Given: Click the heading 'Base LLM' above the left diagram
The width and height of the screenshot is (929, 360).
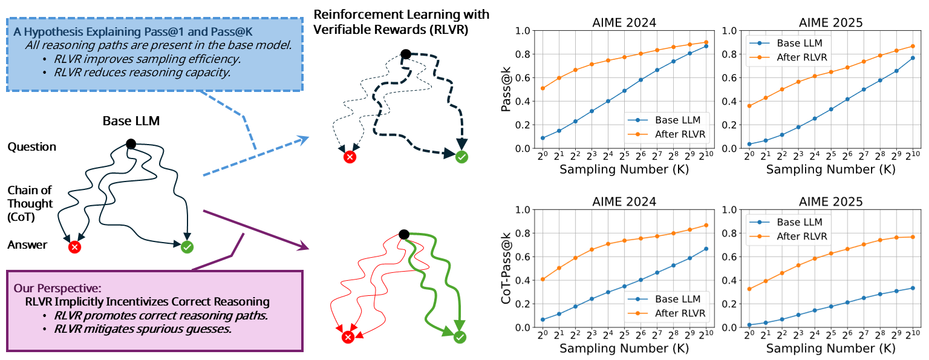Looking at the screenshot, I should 131,120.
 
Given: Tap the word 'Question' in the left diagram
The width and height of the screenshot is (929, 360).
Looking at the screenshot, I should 32,147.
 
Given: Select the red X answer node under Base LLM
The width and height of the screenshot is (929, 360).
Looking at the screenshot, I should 74,247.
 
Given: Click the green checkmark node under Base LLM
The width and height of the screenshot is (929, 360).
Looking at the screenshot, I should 187,246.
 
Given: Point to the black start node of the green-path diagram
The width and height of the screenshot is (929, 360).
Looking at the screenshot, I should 405,235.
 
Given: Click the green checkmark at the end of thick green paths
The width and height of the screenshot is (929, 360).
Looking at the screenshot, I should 460,336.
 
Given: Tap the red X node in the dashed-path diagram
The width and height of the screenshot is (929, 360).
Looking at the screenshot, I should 349,157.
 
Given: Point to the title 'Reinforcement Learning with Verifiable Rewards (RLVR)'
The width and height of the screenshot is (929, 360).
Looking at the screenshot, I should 402,22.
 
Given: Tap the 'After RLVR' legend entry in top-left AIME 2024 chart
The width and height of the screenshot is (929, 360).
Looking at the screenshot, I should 677,134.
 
